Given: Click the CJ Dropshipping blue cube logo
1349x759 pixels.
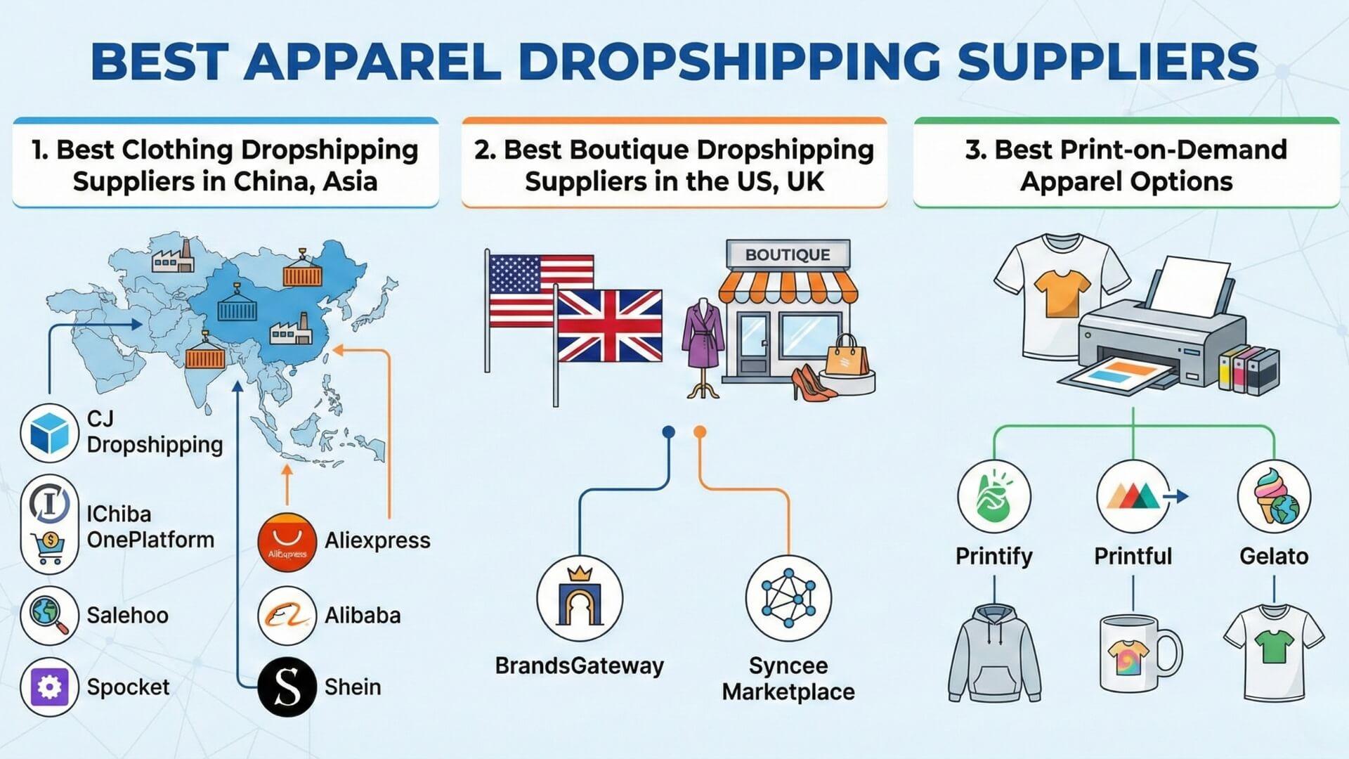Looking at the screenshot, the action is [49, 433].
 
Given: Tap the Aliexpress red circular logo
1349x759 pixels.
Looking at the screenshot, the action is [287, 543].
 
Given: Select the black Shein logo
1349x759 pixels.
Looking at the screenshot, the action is [287, 687].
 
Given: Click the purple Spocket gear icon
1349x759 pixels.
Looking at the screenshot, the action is [49, 687].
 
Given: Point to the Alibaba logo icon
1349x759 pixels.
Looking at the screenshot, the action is [287, 615].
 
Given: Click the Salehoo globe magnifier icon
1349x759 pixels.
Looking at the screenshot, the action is [49, 615].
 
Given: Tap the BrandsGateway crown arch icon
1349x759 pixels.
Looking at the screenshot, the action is [580, 598].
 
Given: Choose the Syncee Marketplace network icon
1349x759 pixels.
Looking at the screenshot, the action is [788, 598].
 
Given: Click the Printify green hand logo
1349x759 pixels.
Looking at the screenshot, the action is [994, 496].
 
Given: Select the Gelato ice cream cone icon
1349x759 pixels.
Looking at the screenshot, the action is [1274, 496].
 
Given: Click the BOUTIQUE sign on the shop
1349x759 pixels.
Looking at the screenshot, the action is [788, 254].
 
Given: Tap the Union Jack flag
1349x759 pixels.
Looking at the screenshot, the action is [608, 325].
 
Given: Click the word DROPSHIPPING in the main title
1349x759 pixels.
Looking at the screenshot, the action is [729, 61].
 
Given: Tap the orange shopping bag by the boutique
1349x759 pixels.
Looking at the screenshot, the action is [847, 356].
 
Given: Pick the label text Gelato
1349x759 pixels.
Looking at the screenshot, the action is [1274, 556].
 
